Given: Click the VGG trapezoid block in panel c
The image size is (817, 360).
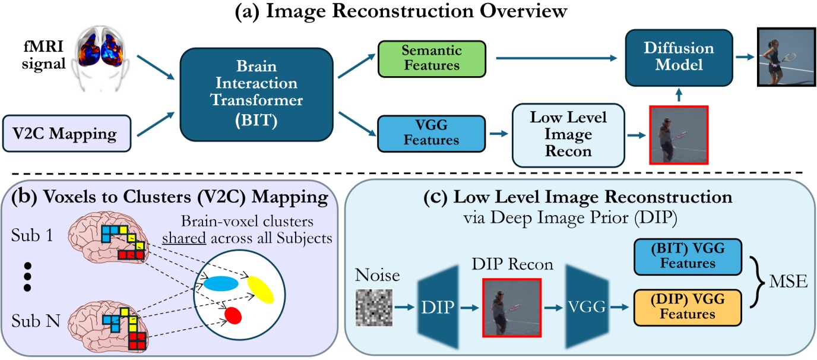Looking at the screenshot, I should (x=588, y=307).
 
